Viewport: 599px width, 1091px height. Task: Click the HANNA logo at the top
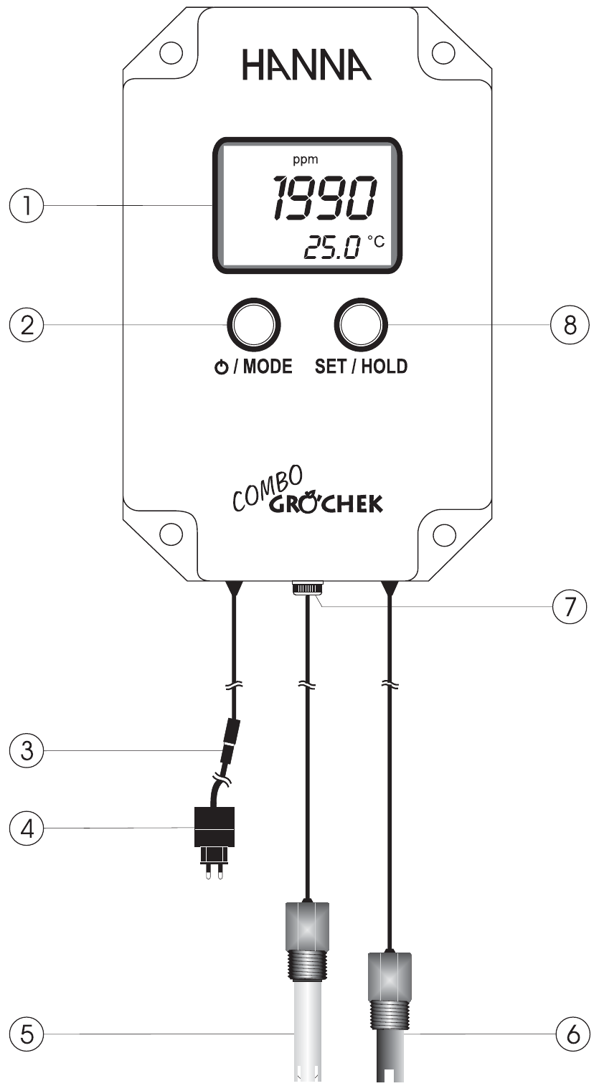coord(306,66)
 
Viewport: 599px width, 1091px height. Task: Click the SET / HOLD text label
coord(361,367)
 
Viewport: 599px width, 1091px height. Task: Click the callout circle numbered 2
coord(24,324)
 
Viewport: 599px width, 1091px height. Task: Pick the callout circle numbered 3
coord(24,751)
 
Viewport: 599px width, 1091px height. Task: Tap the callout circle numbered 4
coord(24,829)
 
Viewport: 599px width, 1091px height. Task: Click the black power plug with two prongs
coord(215,839)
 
